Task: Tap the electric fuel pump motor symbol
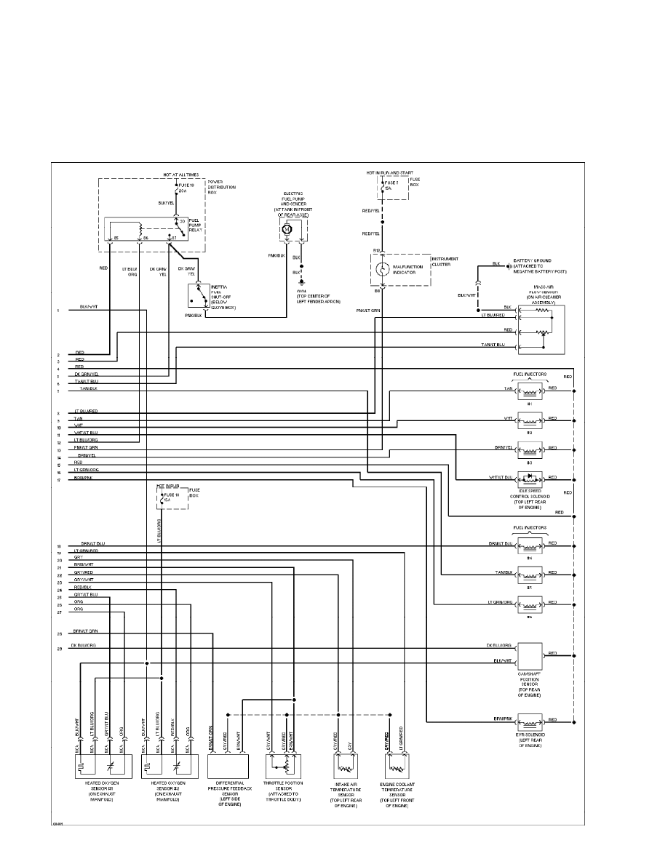(287, 229)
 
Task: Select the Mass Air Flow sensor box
(541, 329)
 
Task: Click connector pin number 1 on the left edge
(57, 311)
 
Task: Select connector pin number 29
(57, 647)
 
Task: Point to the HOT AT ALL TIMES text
(181, 175)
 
